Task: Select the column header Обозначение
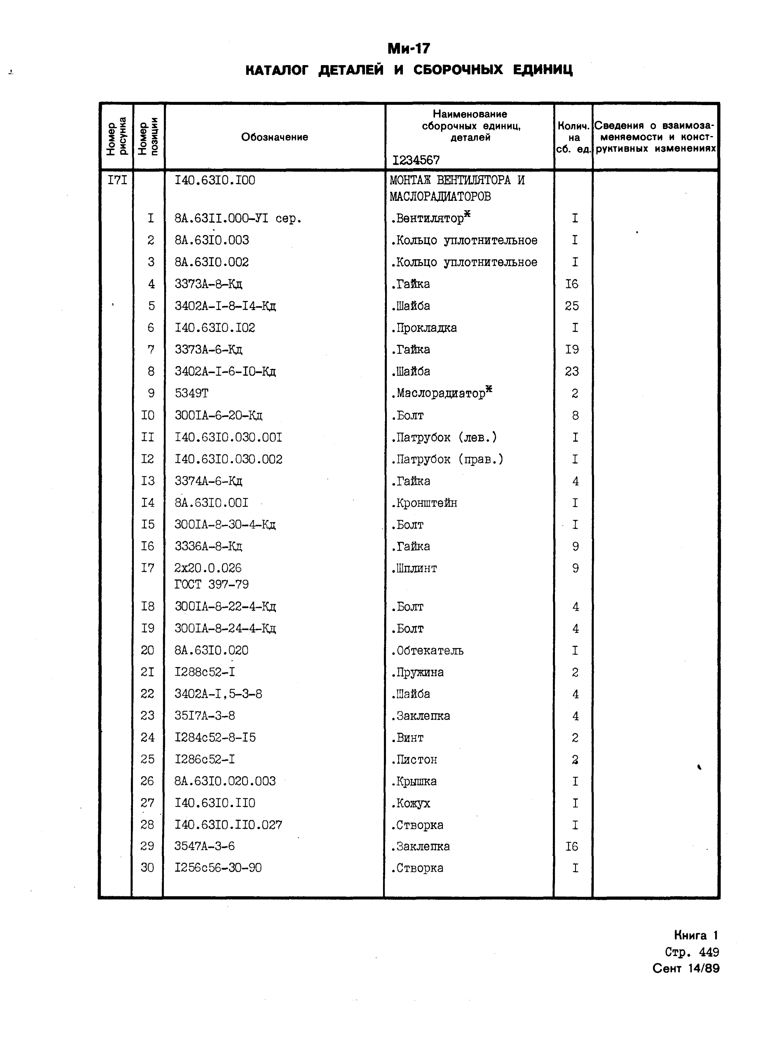275,137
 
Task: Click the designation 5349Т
191,393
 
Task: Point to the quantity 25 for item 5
572,306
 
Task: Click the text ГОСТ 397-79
212,584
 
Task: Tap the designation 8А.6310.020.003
225,781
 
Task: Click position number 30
147,868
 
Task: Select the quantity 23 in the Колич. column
572,371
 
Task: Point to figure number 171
117,180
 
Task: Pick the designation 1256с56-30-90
218,868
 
